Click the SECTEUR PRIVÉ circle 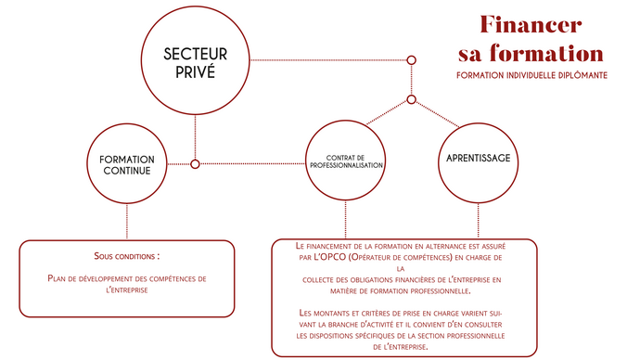[195, 60]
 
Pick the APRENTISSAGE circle [478, 158]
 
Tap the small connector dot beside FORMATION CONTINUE [195, 164]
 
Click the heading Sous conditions [127, 254]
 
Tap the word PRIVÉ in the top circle [195, 71]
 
